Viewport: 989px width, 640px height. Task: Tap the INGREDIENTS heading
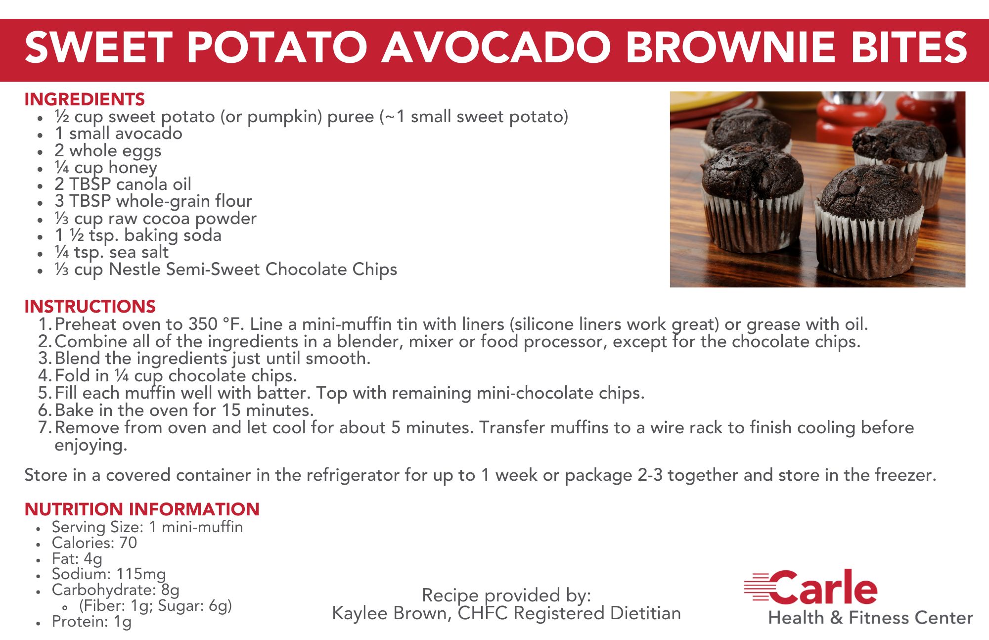click(85, 99)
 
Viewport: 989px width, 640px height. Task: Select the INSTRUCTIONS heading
click(90, 307)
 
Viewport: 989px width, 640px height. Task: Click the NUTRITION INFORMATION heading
click(142, 509)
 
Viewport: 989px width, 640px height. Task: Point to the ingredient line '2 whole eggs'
click(108, 150)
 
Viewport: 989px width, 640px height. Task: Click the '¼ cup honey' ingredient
click(106, 168)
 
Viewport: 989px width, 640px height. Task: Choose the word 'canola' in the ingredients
click(141, 184)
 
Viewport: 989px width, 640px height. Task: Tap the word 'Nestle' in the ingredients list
click(135, 270)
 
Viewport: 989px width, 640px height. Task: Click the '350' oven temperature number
click(203, 324)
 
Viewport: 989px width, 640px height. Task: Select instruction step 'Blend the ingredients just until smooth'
click(213, 359)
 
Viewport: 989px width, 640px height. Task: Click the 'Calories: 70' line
click(94, 543)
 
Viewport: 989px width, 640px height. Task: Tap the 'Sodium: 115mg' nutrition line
click(109, 574)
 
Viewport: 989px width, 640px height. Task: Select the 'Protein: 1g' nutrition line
click(91, 621)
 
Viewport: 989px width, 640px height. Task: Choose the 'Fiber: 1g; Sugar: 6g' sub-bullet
click(155, 606)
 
